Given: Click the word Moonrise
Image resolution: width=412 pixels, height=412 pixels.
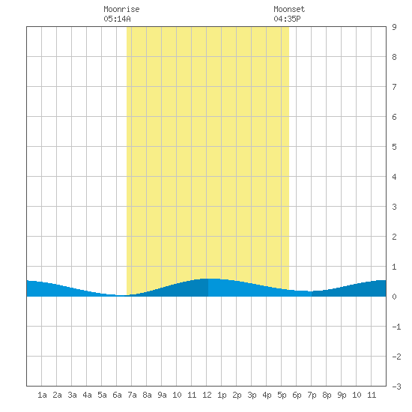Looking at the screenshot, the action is coord(121,9).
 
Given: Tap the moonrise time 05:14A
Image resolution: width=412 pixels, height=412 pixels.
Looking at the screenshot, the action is coord(117,19).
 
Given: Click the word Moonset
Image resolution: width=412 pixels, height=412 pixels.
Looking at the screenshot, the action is coord(289,9).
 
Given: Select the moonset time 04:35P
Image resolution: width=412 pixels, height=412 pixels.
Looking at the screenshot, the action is coord(287,19).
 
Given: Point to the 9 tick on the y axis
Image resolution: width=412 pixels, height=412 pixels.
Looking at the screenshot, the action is coord(394,27).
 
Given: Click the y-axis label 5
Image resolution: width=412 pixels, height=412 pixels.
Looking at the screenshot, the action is coord(394,147).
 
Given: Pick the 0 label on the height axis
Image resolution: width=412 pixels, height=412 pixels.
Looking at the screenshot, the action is coord(394,297).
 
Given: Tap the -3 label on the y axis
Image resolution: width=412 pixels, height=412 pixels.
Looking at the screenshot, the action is coord(396,387).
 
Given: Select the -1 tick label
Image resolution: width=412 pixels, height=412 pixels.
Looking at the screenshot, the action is coord(396,327).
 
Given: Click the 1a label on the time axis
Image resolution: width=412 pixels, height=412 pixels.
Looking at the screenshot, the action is coord(42,395).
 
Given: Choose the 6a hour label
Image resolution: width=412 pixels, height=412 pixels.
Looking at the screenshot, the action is coord(117,395).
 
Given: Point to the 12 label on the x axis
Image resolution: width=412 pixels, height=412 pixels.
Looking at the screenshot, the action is coord(207,395).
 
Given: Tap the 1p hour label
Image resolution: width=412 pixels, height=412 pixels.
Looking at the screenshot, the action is coord(222,395).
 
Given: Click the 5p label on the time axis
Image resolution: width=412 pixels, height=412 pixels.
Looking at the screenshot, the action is coord(282,395).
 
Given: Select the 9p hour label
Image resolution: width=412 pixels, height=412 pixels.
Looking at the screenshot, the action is coord(342,395).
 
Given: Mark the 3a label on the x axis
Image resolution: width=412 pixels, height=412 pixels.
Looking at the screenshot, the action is coord(72,395).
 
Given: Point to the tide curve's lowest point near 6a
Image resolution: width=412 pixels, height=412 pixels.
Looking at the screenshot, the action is coord(121,295).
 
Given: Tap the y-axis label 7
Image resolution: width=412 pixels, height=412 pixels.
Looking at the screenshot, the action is coord(394,87).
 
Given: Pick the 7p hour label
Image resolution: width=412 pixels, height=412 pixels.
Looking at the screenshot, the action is coord(312,395).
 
